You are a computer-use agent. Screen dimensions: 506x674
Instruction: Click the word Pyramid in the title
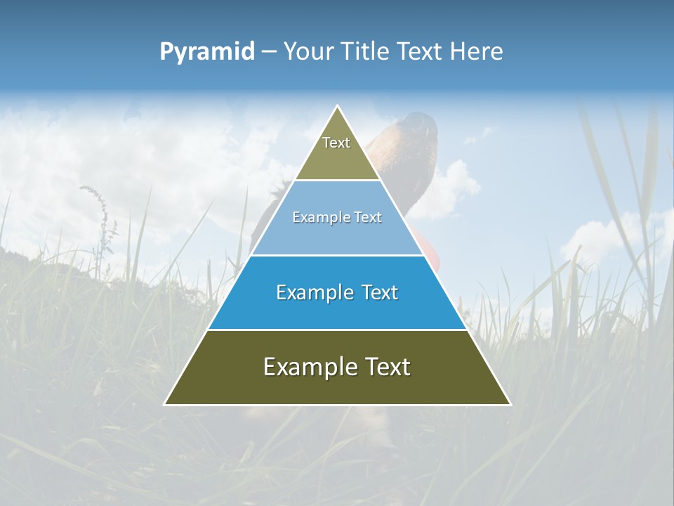click(207, 52)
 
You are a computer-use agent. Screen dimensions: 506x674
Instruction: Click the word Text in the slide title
click(423, 52)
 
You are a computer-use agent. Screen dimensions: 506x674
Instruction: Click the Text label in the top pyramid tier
click(336, 143)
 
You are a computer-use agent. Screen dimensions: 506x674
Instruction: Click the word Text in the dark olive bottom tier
click(385, 367)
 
